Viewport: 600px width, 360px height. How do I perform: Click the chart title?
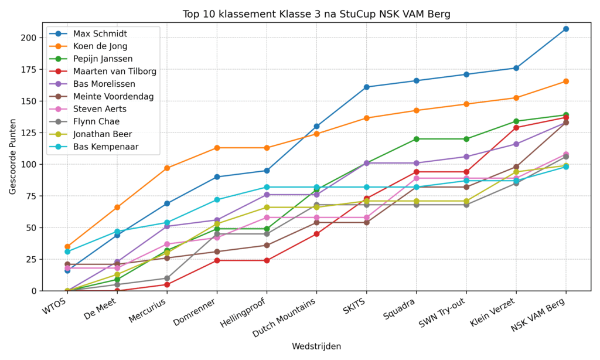point(316,14)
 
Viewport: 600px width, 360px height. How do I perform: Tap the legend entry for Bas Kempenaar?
point(105,147)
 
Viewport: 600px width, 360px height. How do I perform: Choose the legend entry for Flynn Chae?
point(97,121)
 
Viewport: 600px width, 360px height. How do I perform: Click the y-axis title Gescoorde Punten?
point(12,162)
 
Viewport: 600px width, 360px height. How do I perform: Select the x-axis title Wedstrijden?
point(316,346)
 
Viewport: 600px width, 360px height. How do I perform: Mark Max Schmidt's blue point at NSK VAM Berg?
point(566,29)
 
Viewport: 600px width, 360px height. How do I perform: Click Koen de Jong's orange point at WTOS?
point(67,247)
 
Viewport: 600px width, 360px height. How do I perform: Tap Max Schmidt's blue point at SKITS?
point(367,87)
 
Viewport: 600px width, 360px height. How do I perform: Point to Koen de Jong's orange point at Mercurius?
point(167,168)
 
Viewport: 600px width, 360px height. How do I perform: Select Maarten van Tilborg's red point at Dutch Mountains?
point(316,234)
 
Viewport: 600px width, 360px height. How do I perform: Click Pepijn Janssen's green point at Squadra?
point(417,139)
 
